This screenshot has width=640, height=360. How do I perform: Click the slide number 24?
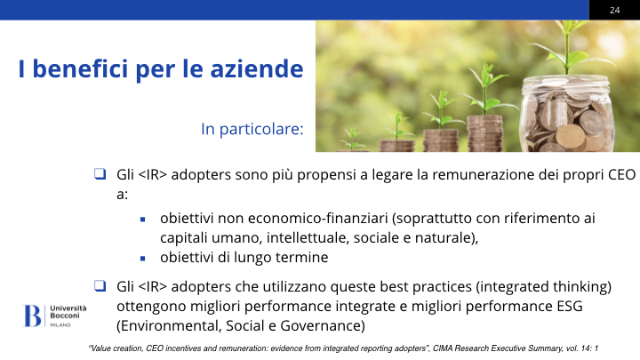click(615, 10)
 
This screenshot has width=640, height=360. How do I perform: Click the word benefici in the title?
click(80, 68)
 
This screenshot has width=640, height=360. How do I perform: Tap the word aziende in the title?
click(257, 68)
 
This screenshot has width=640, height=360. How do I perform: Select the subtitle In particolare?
click(252, 129)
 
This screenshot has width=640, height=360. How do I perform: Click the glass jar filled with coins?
click(566, 114)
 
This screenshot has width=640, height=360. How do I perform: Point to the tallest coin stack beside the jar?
click(485, 133)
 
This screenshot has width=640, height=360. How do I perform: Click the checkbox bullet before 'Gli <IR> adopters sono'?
click(100, 174)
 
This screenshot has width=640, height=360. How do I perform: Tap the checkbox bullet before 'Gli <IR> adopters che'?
click(100, 285)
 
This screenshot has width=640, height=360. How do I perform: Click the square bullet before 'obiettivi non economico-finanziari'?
click(142, 220)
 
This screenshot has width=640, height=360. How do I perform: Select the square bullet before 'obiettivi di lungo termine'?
click(142, 259)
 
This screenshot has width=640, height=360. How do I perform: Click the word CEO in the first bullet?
click(621, 175)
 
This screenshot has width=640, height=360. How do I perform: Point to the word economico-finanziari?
click(318, 219)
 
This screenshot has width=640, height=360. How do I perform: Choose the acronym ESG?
click(570, 306)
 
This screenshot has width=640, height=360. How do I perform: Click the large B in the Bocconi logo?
click(32, 316)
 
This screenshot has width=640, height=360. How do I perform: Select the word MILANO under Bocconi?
click(60, 325)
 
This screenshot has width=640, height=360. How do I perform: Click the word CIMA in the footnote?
click(443, 348)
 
